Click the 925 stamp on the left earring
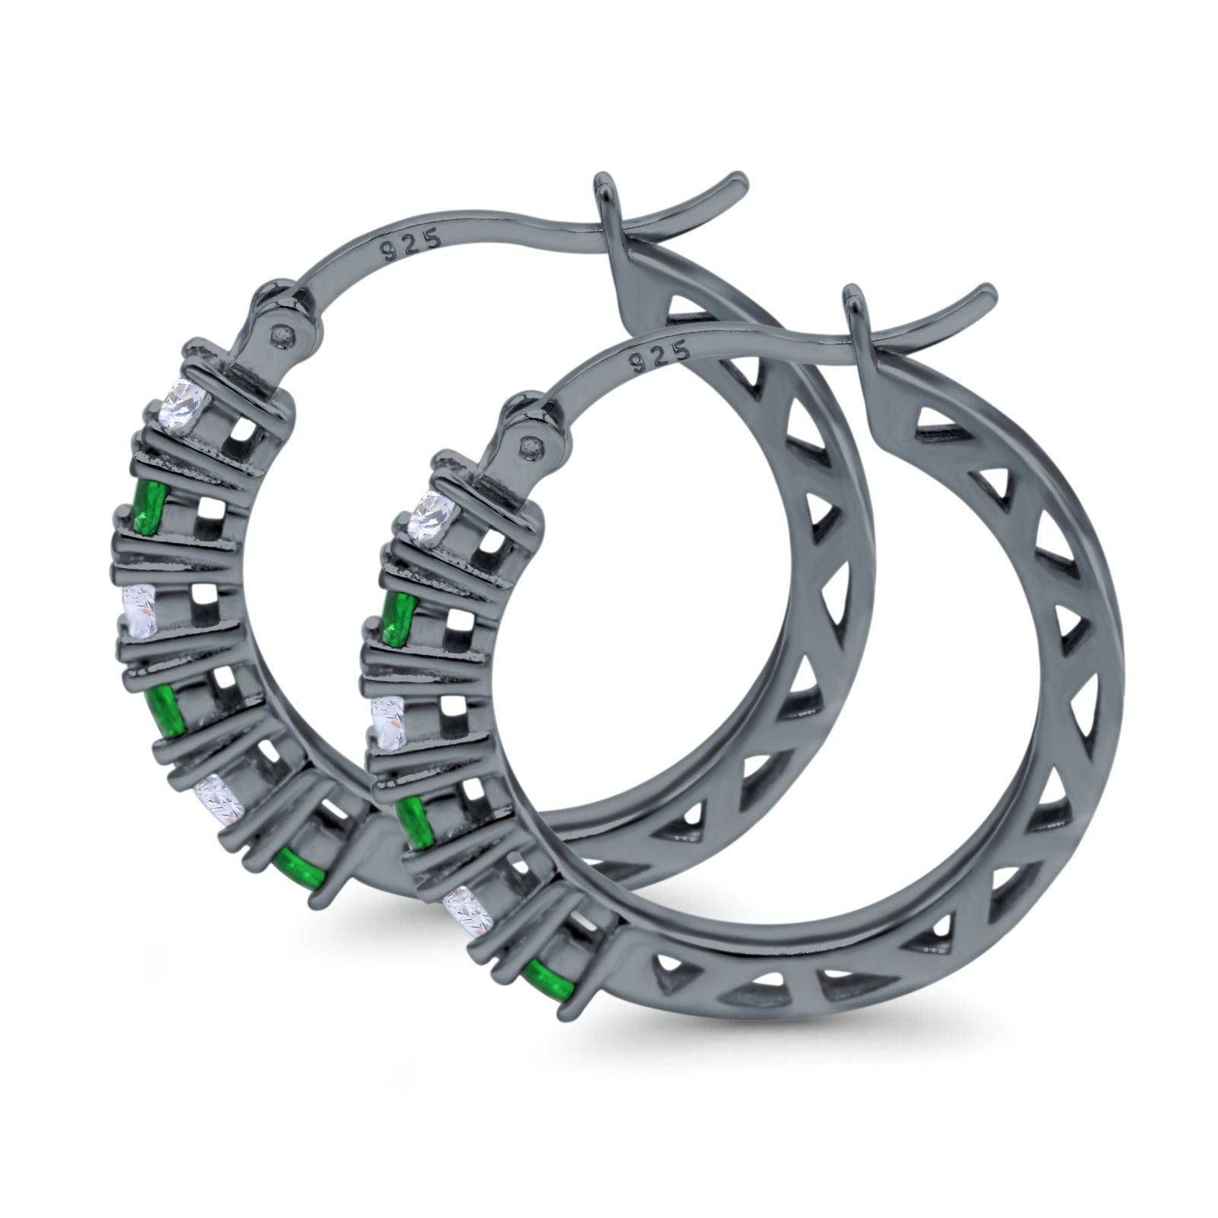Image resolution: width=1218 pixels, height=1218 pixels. click(x=412, y=246)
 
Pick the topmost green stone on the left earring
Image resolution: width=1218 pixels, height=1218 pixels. click(x=148, y=506)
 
